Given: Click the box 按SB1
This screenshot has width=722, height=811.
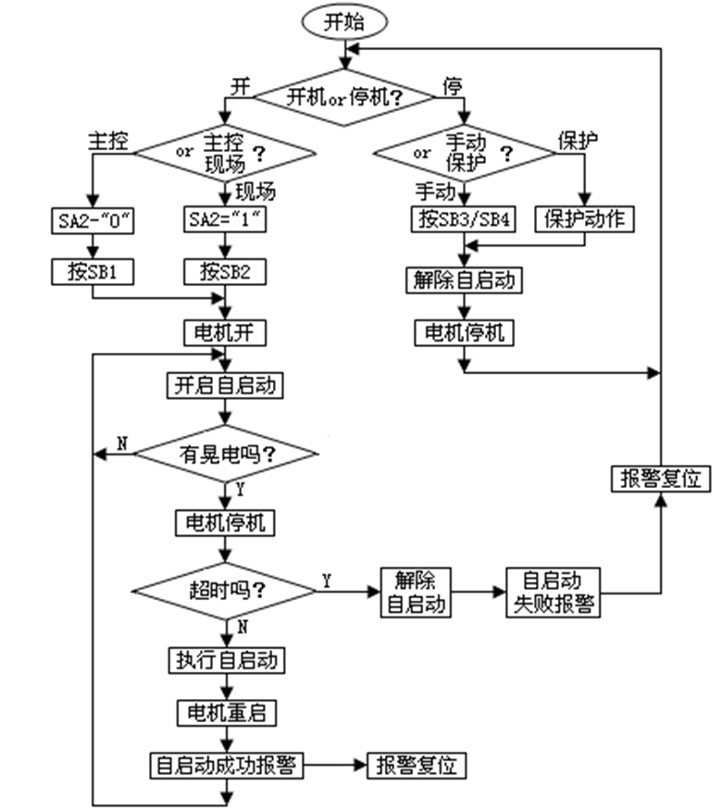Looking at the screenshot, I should point(91,272).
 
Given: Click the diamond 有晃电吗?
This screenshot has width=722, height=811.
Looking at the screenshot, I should point(227,454).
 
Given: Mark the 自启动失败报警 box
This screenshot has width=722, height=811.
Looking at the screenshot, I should point(553,592).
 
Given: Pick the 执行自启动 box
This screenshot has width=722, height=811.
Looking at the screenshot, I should point(226,660).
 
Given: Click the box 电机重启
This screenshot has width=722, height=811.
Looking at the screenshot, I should point(226,713).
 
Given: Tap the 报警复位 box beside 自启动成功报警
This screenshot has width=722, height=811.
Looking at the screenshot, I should point(417,766).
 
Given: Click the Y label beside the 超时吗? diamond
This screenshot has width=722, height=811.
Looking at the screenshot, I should point(327,580).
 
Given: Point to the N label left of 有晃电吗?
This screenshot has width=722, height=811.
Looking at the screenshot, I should point(120,444).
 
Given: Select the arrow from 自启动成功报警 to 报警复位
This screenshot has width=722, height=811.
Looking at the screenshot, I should point(337,766).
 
